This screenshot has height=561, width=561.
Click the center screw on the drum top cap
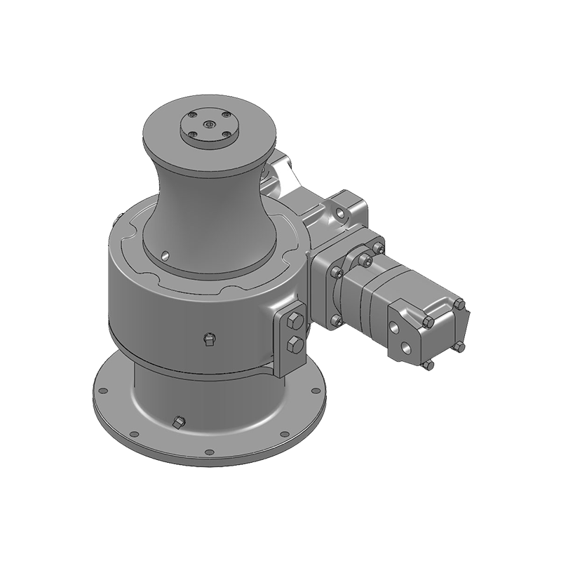tap(208, 126)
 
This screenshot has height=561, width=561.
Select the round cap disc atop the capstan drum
tap(208, 131)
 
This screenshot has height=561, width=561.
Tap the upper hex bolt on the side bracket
tap(294, 323)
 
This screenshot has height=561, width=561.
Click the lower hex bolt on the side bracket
tap(295, 344)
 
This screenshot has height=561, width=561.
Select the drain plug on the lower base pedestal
tap(177, 422)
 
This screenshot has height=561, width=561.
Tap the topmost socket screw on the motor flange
tap(365, 259)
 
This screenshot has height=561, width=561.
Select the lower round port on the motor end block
tap(406, 345)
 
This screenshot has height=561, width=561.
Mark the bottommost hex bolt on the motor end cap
tap(429, 365)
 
